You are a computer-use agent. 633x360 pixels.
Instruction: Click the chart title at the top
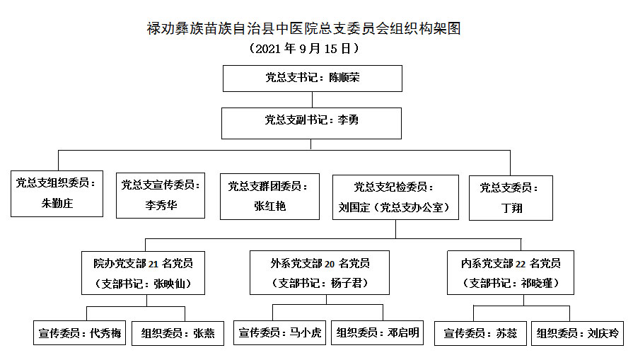point(303,29)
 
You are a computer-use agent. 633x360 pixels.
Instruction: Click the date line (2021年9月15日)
point(303,48)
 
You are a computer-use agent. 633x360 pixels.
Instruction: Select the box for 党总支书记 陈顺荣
point(313,79)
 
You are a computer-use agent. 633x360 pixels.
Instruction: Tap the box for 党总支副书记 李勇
point(311,123)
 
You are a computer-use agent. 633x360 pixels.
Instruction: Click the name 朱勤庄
point(57,203)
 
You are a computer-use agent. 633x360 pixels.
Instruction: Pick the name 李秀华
point(161,205)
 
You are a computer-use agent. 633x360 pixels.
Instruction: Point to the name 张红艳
point(269,207)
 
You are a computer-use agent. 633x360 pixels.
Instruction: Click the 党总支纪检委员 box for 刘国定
point(395,197)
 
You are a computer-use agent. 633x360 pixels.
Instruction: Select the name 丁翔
point(511,208)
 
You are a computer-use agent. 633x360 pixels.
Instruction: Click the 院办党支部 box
point(143,273)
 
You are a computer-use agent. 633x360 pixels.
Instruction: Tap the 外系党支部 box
point(320,272)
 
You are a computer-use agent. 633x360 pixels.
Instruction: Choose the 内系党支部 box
point(510,272)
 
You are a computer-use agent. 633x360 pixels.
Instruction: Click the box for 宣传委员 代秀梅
point(79,333)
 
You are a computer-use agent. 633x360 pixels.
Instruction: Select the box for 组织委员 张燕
point(178,333)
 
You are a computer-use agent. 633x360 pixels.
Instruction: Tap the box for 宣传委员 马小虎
point(279,332)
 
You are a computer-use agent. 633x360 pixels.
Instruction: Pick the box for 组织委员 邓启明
point(377,332)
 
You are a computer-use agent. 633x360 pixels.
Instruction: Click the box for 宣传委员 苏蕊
point(480,333)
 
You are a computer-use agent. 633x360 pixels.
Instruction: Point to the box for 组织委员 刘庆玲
point(577,333)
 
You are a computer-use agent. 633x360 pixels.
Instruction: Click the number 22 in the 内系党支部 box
point(521,264)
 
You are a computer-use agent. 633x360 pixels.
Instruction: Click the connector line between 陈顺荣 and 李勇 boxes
point(312,100)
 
